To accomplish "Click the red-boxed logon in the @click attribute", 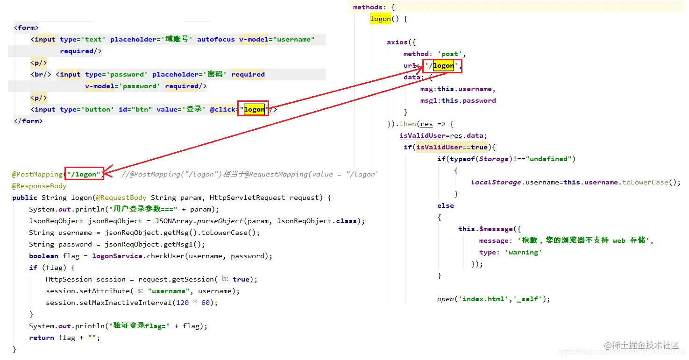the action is [254, 109].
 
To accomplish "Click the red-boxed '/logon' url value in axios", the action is [442, 66].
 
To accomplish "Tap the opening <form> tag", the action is [26, 28].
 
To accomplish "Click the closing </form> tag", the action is [28, 121].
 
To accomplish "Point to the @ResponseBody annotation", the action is [39, 186].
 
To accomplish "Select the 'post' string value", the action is [450, 54].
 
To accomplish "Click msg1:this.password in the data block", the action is [458, 100].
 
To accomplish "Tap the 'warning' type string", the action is [523, 252].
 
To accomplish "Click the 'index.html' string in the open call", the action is [479, 299].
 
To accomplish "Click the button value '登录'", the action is [194, 109].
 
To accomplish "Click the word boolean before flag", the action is [43, 256].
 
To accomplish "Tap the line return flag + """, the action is [64, 338].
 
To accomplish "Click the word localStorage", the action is [496, 182].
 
